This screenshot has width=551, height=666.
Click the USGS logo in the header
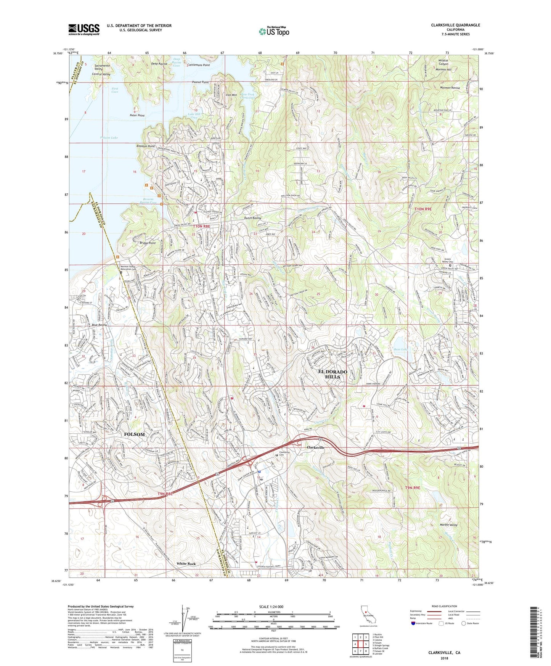click(x=84, y=29)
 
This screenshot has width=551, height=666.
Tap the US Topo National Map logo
click(x=273, y=31)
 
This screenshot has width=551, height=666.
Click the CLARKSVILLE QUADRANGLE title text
click(x=455, y=25)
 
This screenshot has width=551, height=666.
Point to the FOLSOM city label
click(x=134, y=434)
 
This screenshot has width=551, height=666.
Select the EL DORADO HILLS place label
click(x=333, y=374)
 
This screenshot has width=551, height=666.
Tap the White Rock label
click(x=186, y=564)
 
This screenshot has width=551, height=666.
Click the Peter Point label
click(x=137, y=115)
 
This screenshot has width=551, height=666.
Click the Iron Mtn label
click(x=231, y=95)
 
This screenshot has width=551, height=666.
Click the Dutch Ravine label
click(x=252, y=218)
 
